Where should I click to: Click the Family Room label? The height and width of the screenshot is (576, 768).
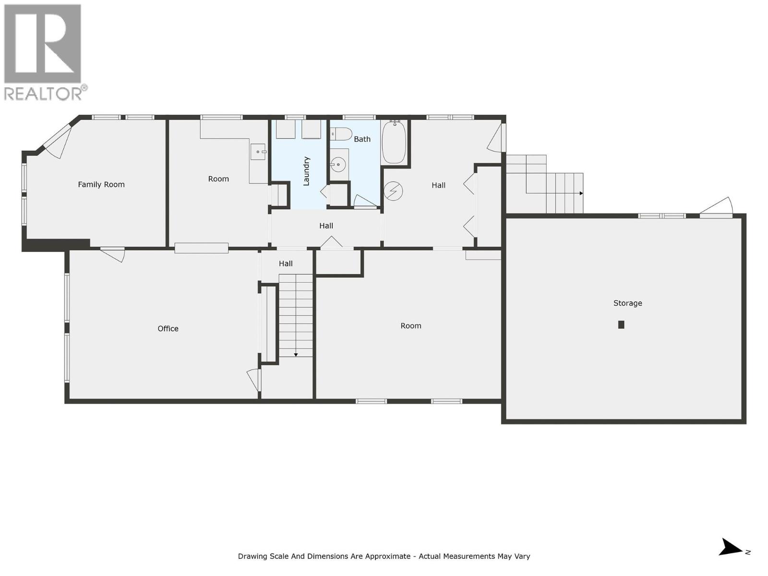(101, 184)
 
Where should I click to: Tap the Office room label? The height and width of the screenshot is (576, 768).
(168, 328)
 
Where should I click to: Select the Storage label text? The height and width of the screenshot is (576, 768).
(627, 303)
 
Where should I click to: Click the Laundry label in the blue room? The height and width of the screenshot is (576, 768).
(307, 171)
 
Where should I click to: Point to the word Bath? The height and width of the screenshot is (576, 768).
(362, 139)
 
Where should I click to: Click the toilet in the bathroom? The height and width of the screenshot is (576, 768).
(342, 134)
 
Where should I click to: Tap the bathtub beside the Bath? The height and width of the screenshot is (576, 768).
(394, 142)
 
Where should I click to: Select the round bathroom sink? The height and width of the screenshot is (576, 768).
(339, 165)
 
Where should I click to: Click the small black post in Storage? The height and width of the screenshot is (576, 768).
(621, 324)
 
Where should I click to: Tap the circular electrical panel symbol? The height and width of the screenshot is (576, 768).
(393, 191)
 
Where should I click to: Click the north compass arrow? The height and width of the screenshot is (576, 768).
(732, 548)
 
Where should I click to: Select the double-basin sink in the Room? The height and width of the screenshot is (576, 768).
(258, 152)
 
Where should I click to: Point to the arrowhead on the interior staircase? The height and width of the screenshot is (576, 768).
(296, 355)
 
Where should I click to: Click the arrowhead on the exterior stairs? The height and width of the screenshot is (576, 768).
(581, 193)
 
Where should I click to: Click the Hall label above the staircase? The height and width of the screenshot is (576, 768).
(286, 264)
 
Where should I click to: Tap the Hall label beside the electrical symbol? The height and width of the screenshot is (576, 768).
(438, 185)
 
